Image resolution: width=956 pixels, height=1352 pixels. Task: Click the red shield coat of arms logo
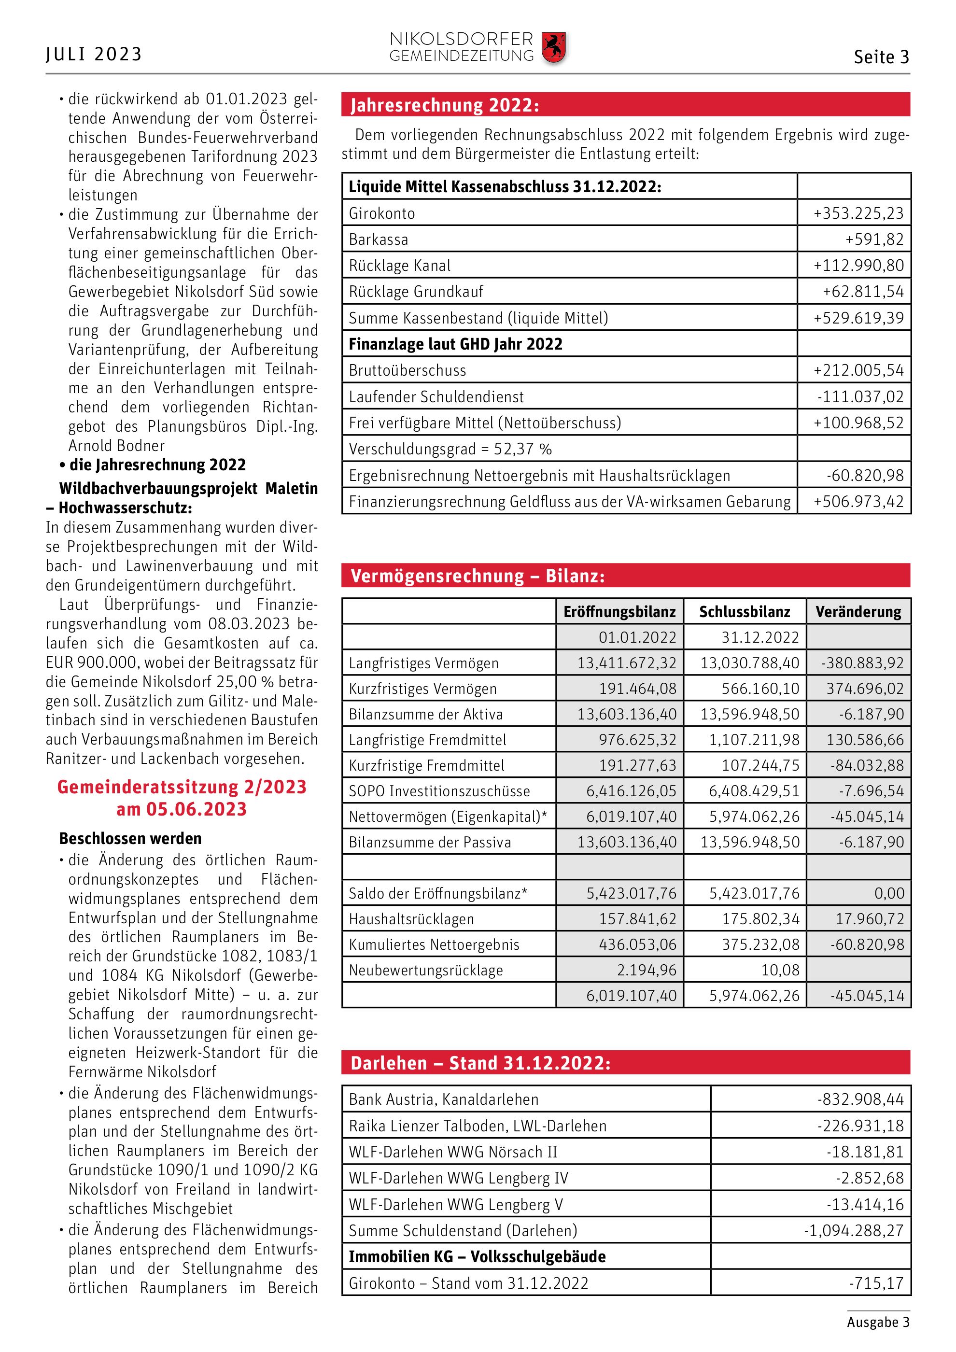[553, 48]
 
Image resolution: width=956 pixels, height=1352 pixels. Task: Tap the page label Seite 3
[881, 57]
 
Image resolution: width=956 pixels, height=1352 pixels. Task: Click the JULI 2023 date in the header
[94, 54]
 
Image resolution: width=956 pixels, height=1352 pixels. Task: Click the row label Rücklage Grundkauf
[416, 292]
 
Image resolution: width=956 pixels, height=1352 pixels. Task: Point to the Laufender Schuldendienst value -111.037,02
[860, 397]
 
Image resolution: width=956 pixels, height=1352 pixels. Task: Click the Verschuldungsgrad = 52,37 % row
[450, 449]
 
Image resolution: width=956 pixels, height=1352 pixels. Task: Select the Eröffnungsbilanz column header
[619, 612]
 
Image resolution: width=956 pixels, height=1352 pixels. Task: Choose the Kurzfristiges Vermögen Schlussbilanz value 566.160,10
[760, 689]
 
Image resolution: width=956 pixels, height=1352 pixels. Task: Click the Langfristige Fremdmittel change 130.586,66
[864, 740]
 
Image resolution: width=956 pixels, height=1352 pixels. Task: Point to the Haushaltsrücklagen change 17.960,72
[869, 918]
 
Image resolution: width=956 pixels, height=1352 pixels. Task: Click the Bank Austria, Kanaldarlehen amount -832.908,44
[859, 1099]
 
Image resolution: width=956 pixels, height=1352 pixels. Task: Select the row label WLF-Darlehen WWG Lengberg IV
[458, 1178]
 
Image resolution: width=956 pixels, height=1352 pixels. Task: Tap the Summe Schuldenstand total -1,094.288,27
[853, 1230]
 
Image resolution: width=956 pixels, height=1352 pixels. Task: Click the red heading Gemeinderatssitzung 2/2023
[182, 787]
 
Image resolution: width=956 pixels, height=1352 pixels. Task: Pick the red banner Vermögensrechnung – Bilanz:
[478, 576]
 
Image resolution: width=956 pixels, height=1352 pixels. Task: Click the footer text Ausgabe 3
[878, 1322]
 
